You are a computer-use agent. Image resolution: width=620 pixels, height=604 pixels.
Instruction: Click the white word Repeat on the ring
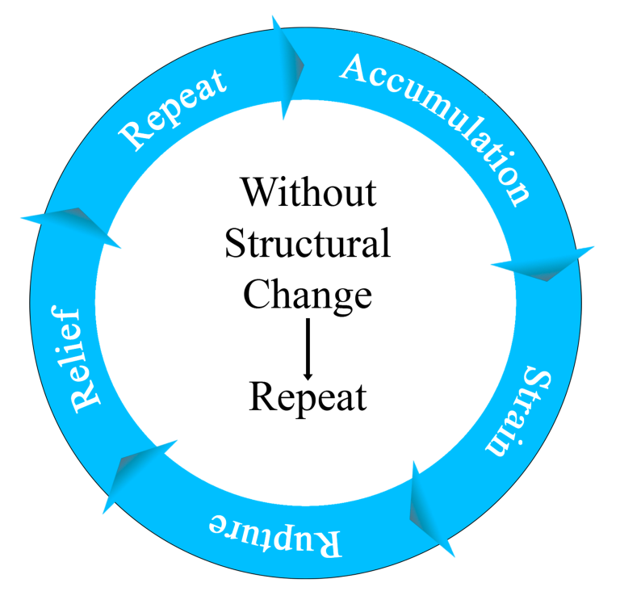tap(174, 110)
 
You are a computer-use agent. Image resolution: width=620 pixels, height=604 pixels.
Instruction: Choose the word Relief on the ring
tap(76, 359)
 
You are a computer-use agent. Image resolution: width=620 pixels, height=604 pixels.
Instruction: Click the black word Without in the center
tap(309, 192)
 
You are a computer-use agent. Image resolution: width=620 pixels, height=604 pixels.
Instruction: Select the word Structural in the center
tap(308, 243)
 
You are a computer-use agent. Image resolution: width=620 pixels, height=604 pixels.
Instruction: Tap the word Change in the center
tap(308, 296)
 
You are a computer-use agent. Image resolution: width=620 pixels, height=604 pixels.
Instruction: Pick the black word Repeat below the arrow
tap(308, 397)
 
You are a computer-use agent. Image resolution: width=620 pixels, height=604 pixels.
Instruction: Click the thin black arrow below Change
tap(308, 349)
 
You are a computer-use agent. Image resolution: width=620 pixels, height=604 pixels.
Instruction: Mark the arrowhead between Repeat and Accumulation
tap(289, 67)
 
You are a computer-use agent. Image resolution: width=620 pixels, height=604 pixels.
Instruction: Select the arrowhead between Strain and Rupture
tap(431, 510)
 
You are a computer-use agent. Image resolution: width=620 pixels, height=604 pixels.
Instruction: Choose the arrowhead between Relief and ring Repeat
tap(71, 228)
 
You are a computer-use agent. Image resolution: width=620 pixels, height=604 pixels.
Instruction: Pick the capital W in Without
tap(259, 193)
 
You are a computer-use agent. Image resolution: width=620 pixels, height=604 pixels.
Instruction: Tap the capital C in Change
tap(258, 294)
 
